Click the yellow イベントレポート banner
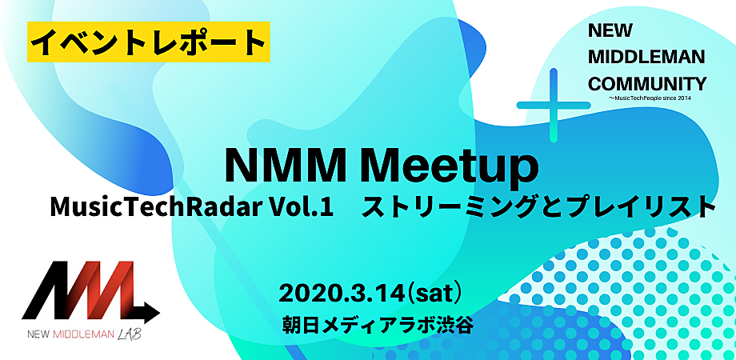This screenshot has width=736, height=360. (x=148, y=42)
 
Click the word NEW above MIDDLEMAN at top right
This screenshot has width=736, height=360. (x=610, y=31)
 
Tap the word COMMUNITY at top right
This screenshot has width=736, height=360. (x=647, y=85)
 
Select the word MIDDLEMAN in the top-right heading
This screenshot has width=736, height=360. (x=646, y=58)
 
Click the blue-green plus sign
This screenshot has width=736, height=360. (x=554, y=105)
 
